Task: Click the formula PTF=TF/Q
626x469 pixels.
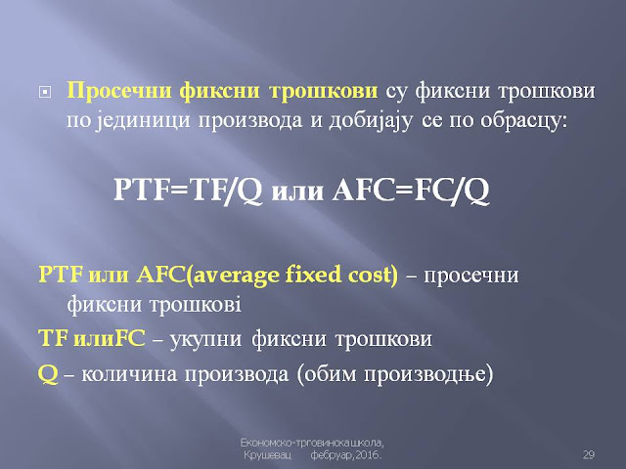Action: pyautogui.click(x=188, y=190)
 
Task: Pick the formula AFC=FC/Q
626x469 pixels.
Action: pyautogui.click(x=410, y=190)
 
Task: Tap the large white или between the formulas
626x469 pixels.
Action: pyautogui.click(x=297, y=192)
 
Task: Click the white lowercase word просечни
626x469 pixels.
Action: pyautogui.click(x=471, y=277)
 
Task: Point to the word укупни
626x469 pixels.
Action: pyautogui.click(x=206, y=340)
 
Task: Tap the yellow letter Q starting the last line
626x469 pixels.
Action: pyautogui.click(x=48, y=374)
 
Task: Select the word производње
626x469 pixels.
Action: pyautogui.click(x=425, y=374)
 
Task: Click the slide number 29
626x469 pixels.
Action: pyautogui.click(x=589, y=454)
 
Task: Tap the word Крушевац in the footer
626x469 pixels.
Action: pyautogui.click(x=267, y=455)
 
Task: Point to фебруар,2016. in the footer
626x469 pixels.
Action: pyautogui.click(x=345, y=455)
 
